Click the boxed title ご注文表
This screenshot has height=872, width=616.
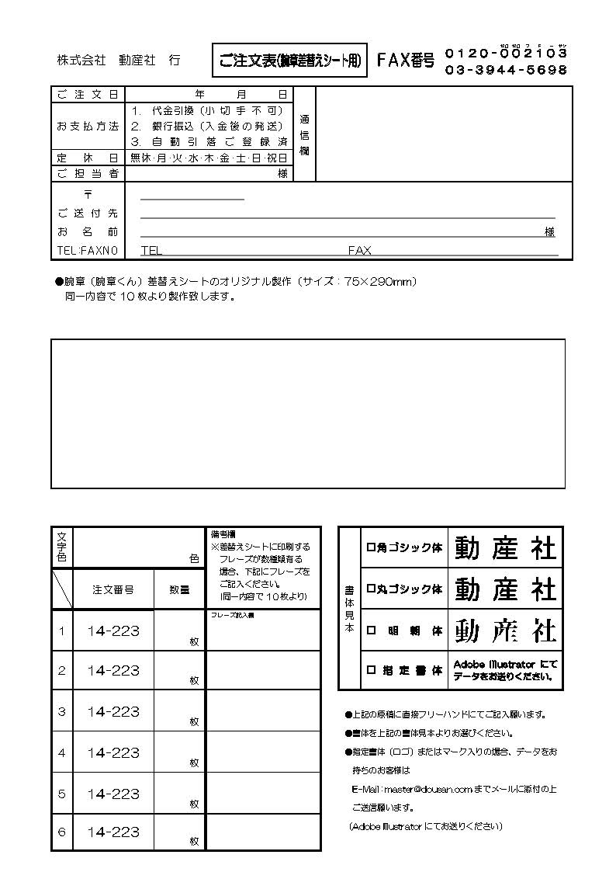pyautogui.click(x=289, y=61)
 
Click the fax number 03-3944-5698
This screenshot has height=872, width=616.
pyautogui.click(x=506, y=70)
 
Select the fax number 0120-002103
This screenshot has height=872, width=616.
pyautogui.click(x=506, y=54)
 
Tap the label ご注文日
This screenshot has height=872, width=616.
pyautogui.click(x=88, y=95)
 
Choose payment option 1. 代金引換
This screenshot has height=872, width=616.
pyautogui.click(x=207, y=110)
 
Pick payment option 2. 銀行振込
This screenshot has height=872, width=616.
pyautogui.click(x=207, y=126)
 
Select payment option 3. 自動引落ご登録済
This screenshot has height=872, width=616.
pyautogui.click(x=209, y=141)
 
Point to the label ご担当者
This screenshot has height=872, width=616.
pyautogui.click(x=88, y=173)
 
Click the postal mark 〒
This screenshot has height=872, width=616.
pyautogui.click(x=87, y=195)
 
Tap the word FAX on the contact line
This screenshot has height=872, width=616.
pyautogui.click(x=359, y=251)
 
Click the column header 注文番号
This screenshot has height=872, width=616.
pyautogui.click(x=113, y=590)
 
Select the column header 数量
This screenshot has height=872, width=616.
pyautogui.click(x=179, y=590)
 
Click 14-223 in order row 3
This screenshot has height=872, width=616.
pyautogui.click(x=113, y=711)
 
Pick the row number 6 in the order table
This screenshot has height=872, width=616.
pyautogui.click(x=62, y=832)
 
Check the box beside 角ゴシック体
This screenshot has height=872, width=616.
pyautogui.click(x=370, y=548)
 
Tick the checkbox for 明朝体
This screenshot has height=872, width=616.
pyautogui.click(x=370, y=631)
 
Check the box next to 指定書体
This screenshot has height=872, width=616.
pyautogui.click(x=370, y=670)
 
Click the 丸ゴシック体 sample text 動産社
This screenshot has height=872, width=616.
pyautogui.click(x=505, y=589)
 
